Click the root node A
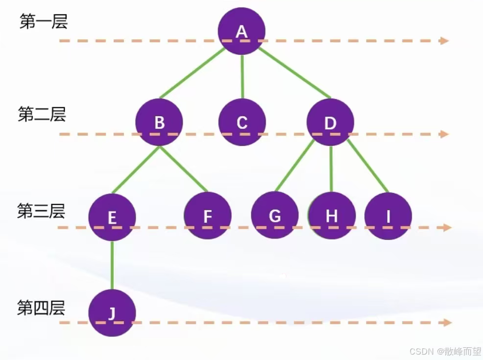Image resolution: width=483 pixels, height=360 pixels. point(241,31)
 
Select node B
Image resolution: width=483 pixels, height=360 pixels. point(159,122)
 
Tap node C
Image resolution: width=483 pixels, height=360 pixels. point(242,122)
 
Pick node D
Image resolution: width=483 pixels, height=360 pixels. point(330,122)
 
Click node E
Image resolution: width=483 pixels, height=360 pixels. point(112,217)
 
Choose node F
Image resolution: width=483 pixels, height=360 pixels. point(208,216)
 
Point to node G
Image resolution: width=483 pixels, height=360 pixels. point(275,216)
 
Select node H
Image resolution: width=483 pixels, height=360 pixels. point(332,216)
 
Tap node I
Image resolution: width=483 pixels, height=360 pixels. point(388,216)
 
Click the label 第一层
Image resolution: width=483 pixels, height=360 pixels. point(43,22)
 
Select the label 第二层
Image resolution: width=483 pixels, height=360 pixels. point(42,115)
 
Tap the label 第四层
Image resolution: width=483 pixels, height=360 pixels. point(41,308)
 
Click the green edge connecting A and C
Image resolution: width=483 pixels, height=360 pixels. point(242,76)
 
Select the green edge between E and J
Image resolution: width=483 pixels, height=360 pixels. point(112,264)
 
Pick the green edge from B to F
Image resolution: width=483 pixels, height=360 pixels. point(184,168)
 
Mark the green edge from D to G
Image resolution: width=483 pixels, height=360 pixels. point(295,166)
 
